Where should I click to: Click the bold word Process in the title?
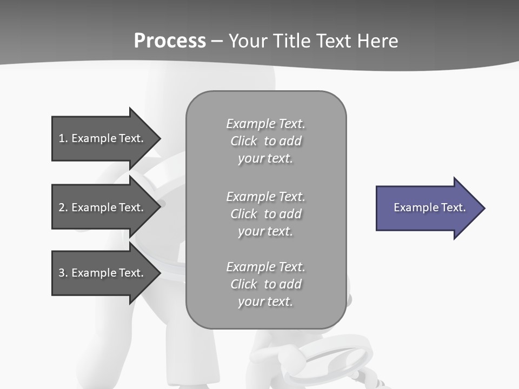tap(170, 41)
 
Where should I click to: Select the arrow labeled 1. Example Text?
tap(103, 138)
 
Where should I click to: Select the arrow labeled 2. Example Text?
tap(103, 207)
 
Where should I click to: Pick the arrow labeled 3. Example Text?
tap(103, 273)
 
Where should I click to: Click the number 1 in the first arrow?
tap(62, 138)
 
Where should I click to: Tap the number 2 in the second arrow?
tap(62, 207)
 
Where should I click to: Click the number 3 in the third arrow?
tap(62, 273)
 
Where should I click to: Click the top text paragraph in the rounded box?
tap(265, 141)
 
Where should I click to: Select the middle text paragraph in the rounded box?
tap(265, 214)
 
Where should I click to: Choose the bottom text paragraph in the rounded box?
tap(265, 284)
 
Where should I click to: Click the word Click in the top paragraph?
tap(244, 141)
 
